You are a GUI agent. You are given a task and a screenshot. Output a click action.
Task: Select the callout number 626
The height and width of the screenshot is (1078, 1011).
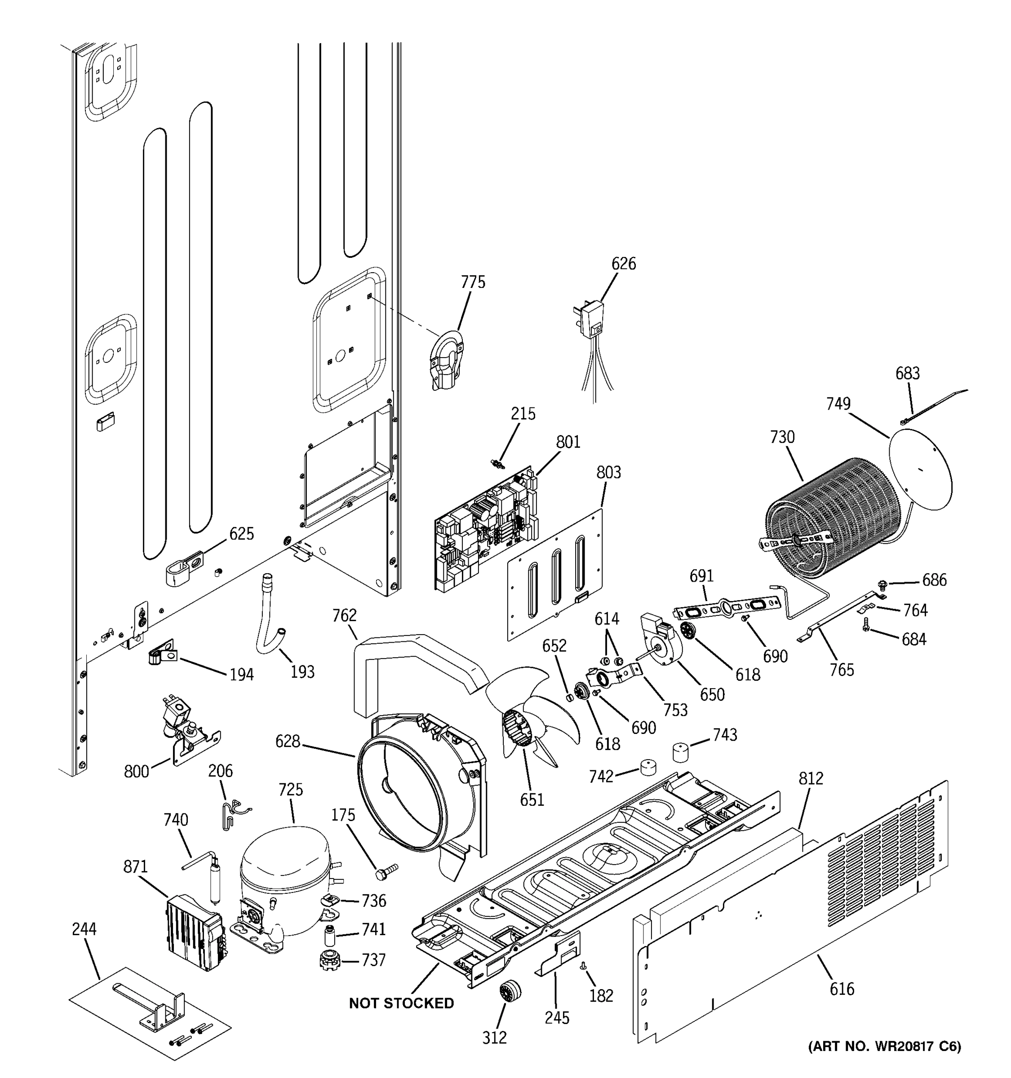[x=623, y=264]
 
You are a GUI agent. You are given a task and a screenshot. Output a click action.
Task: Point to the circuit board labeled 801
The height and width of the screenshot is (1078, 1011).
[x=485, y=531]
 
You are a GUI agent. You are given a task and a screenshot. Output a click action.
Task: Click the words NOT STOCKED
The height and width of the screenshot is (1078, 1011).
[x=401, y=1003]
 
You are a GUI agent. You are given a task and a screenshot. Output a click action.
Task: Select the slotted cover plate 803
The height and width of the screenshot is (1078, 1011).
[x=556, y=575]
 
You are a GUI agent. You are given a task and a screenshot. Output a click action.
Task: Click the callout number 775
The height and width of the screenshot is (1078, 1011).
[x=473, y=282]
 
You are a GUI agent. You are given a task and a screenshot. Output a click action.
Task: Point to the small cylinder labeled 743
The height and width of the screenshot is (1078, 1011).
[x=680, y=753]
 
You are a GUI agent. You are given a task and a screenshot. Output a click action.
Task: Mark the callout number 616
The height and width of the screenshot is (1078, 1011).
[x=842, y=989]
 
